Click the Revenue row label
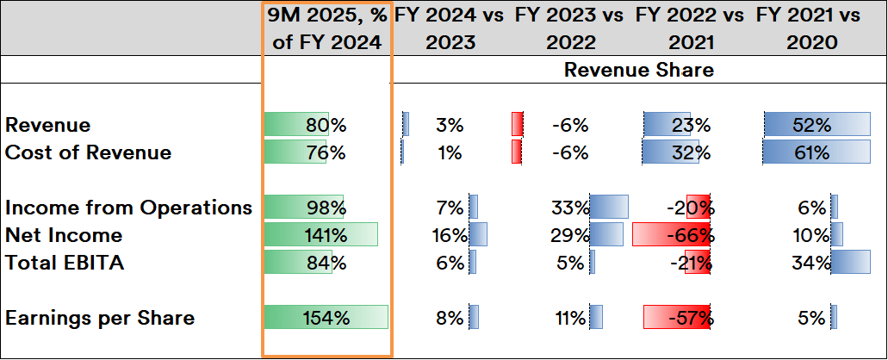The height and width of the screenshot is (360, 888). click(47, 125)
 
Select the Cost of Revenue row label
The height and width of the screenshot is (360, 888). click(88, 152)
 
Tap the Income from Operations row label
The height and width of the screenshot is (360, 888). click(128, 208)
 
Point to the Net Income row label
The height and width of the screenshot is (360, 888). click(64, 235)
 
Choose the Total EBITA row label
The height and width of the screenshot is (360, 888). click(65, 263)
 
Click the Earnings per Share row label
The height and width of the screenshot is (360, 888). click(99, 318)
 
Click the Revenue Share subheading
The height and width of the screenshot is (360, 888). click(638, 70)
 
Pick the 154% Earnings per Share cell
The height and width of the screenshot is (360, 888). click(326, 318)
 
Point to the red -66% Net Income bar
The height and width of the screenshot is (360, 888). click(671, 235)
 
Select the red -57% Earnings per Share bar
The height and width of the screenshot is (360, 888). click(677, 318)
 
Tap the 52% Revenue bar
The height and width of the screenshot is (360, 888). click(817, 125)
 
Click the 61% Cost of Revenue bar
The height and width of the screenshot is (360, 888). click(817, 152)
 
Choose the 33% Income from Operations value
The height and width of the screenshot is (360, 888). click(570, 208)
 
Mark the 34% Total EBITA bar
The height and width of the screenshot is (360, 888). click(850, 263)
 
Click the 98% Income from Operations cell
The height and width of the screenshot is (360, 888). click(326, 208)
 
